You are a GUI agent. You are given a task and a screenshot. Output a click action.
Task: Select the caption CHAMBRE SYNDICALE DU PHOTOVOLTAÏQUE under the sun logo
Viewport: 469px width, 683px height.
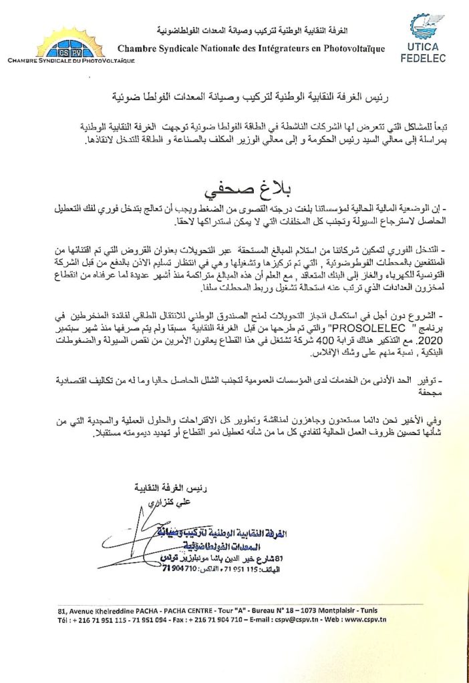coord(71,61)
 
